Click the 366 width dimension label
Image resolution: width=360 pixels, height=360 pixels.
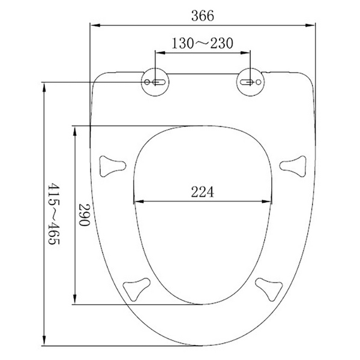tap(203, 16)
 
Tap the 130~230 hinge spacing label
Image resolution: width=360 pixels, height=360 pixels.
tap(203, 43)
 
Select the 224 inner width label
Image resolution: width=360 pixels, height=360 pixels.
tap(203, 192)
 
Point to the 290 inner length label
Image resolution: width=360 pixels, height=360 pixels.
tap(84, 215)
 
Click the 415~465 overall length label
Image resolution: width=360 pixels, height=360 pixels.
tap(54, 214)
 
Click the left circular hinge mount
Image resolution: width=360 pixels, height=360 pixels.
tap(155, 82)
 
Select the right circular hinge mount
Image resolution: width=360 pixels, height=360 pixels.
tap(250, 82)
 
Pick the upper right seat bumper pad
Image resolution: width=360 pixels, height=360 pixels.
tap(293, 166)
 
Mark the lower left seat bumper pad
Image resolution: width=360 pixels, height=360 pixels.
tap(136, 289)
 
